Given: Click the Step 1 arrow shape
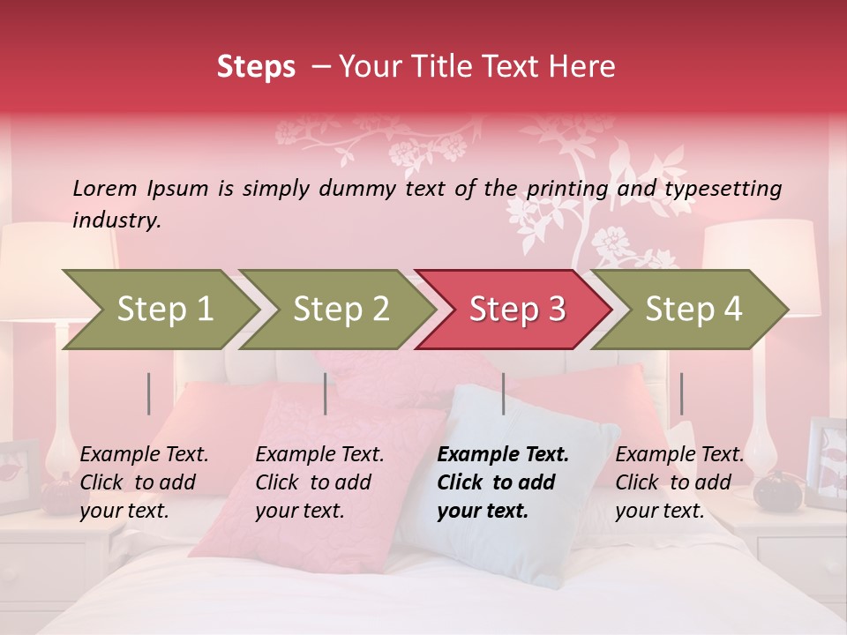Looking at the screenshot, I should point(164,310).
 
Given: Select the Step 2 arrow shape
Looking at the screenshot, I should point(341,310).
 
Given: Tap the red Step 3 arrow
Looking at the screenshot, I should point(517,310).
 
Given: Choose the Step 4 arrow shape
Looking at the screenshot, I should point(693,310).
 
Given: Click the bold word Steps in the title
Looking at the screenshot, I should point(256,66).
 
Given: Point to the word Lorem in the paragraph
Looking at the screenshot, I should point(105,188).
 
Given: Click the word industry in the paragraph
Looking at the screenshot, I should point(116,220).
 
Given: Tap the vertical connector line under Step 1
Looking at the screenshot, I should point(149,393).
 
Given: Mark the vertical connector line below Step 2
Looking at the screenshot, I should point(326,393).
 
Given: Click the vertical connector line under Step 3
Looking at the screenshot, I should point(503,393).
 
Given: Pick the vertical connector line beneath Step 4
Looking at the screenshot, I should point(681,393).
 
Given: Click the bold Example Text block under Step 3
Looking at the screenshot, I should point(503,482).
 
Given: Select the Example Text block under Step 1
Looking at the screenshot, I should point(144,482).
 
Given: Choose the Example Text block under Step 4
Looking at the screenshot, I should point(679,482).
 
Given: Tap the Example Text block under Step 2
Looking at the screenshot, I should point(319,482).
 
